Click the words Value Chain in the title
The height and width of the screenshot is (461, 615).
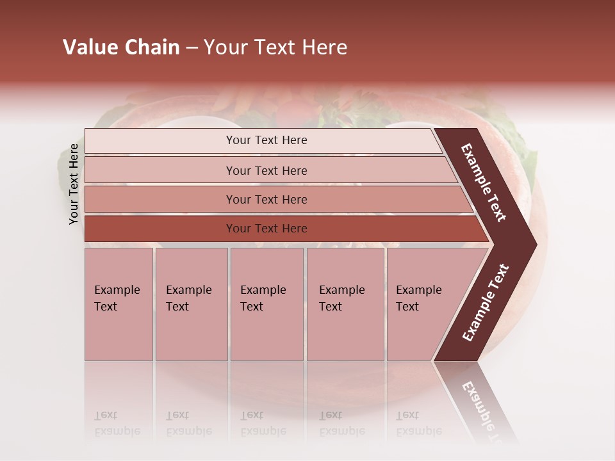[121, 47]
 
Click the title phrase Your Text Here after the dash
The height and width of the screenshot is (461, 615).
[275, 47]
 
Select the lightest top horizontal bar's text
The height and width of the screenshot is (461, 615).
[266, 140]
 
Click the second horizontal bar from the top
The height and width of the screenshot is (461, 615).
[266, 170]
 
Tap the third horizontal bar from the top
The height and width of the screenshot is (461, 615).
[266, 199]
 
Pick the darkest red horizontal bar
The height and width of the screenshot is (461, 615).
[266, 229]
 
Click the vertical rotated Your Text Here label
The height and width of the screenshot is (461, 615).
[74, 184]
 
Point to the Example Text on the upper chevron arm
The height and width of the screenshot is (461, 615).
[484, 182]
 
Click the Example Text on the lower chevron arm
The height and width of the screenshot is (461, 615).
[485, 303]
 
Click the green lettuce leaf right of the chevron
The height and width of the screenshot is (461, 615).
[527, 154]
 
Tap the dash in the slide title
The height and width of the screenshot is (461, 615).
[192, 48]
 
